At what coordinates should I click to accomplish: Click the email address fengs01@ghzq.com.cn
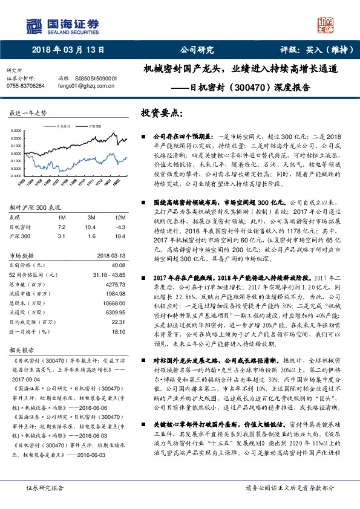[87, 86]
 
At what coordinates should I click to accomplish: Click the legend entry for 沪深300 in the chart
[94, 128]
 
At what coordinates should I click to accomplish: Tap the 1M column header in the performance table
[61, 217]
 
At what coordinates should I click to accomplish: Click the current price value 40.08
[117, 264]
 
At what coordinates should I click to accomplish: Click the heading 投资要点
[162, 112]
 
